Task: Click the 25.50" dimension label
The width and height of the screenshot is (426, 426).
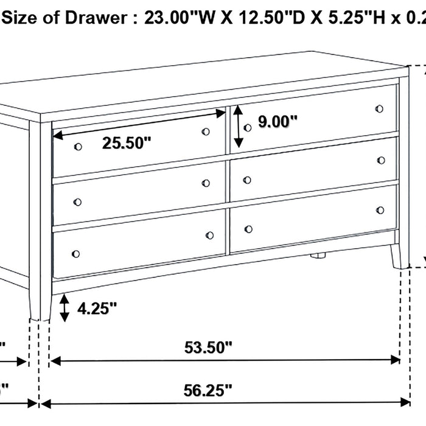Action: tap(126, 144)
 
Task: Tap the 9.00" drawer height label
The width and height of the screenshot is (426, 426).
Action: tap(278, 122)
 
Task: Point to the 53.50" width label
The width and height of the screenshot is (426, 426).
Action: tap(209, 348)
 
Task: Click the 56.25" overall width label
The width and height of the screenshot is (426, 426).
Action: tap(209, 389)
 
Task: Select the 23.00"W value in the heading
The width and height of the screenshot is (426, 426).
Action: tap(174, 18)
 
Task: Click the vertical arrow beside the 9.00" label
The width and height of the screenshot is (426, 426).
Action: tap(239, 126)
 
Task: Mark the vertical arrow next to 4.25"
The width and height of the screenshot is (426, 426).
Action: tap(65, 309)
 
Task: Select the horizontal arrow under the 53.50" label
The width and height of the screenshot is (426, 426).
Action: tap(225, 361)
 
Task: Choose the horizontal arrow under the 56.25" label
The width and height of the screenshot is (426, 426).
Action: tap(225, 402)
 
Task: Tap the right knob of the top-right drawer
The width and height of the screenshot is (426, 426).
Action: tap(380, 109)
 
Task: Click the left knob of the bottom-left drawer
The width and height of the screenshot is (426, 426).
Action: tap(75, 253)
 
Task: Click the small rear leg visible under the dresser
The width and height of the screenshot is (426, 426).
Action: tap(316, 256)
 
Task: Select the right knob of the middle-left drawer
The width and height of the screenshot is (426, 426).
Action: tap(206, 183)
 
